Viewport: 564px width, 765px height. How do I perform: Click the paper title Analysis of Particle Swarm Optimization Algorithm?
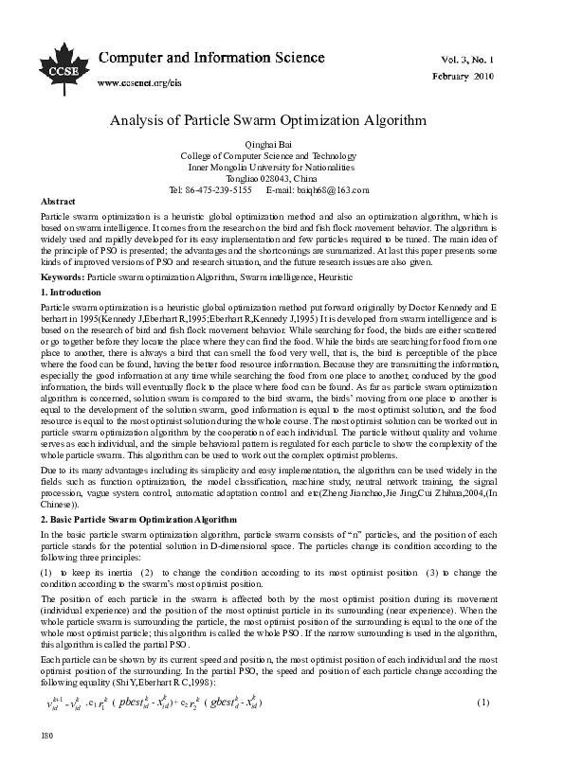pos(282,121)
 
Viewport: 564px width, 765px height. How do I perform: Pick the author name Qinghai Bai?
pos(282,143)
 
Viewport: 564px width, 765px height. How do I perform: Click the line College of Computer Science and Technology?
pos(282,154)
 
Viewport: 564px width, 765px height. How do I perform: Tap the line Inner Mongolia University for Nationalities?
pos(282,166)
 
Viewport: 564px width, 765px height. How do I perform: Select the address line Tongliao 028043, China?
pos(282,177)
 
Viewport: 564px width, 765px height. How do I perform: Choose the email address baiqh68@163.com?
pos(333,189)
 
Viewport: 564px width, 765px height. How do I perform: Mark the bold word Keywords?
pos(63,276)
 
